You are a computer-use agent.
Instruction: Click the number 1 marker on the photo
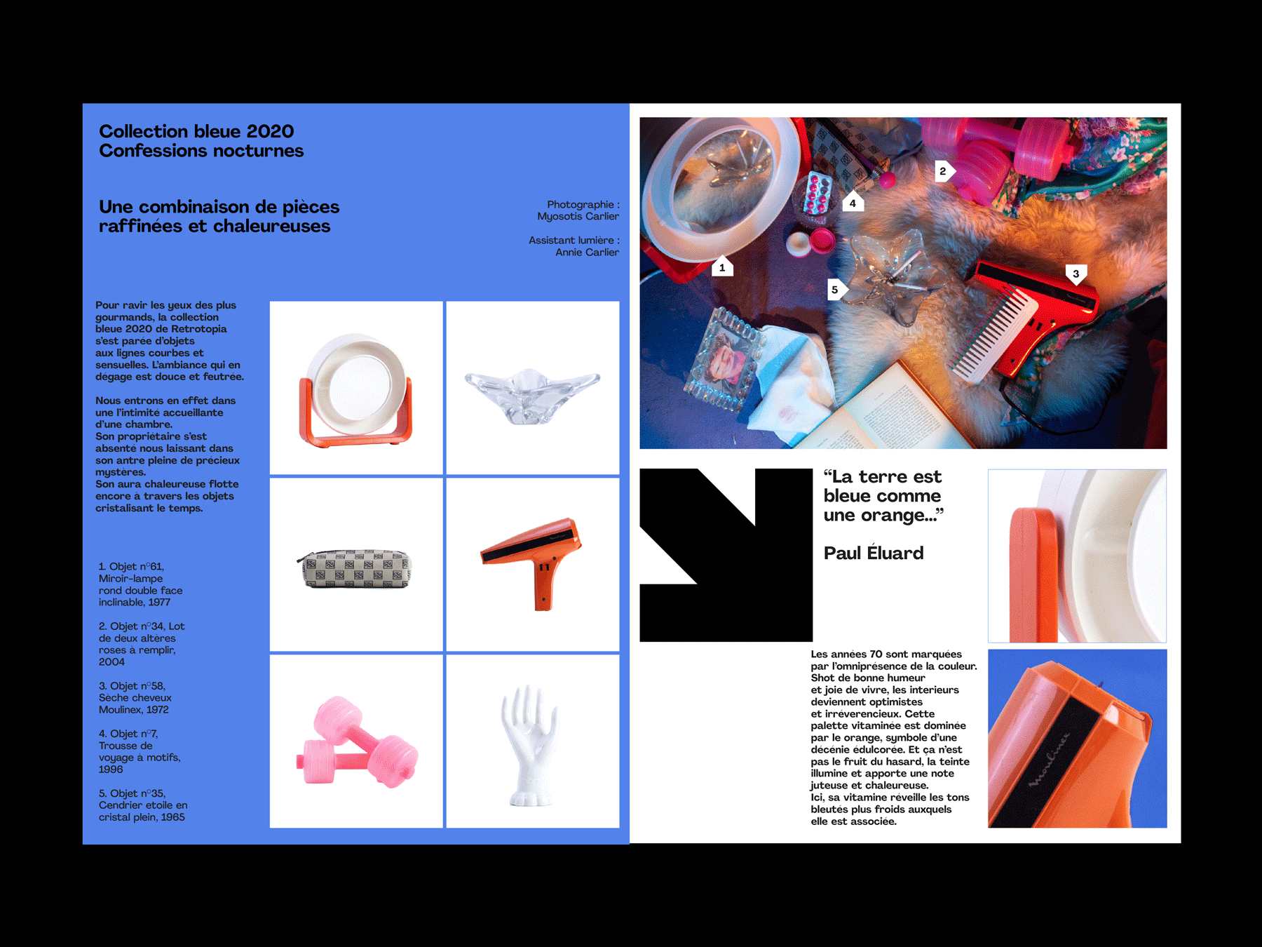coord(722,267)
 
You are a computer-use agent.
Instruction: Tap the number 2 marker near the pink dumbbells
coord(944,171)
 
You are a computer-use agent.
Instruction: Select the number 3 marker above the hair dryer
coord(1076,274)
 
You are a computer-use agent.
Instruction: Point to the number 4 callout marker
coord(853,202)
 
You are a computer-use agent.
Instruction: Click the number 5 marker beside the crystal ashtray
coord(836,290)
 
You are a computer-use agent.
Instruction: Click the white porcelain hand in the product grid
coord(529,745)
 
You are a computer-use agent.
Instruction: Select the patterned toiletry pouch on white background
coord(355,568)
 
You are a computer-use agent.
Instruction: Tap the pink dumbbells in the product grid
coord(356,742)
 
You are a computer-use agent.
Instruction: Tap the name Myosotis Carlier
coord(578,217)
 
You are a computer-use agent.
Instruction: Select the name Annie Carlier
coord(588,252)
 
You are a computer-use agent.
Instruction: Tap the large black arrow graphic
coord(726,555)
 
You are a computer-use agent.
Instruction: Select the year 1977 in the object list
coord(159,603)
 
